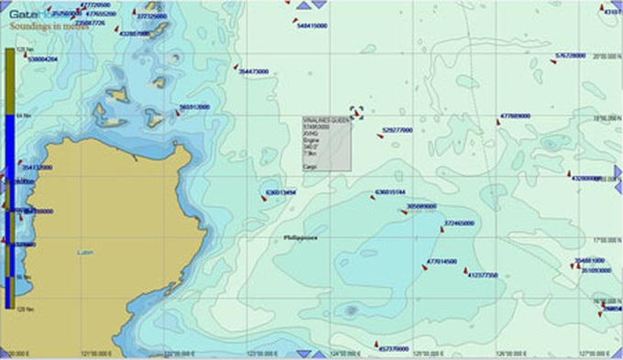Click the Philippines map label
301,236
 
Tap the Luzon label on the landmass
85,252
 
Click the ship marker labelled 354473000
236,67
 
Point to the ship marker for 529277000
380,136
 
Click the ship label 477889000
516,116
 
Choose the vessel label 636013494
280,193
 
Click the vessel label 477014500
443,262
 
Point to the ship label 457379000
394,349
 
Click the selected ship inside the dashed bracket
356,112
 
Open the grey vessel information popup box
326,144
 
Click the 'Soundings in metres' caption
37,27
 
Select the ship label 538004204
43,59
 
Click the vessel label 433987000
135,33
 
